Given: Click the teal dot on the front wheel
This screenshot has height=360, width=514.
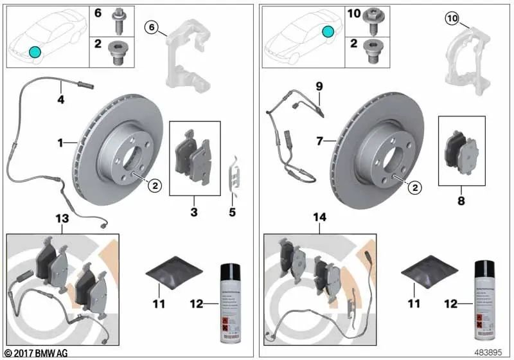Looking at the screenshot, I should pos(34,53).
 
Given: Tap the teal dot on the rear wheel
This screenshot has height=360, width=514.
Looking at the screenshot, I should pos(328,32).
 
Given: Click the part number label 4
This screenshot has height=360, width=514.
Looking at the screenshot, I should pos(60,100).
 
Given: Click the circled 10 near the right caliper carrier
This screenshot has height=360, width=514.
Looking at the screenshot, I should pos(451,19).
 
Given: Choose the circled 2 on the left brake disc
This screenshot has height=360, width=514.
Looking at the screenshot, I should pos(154,186).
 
